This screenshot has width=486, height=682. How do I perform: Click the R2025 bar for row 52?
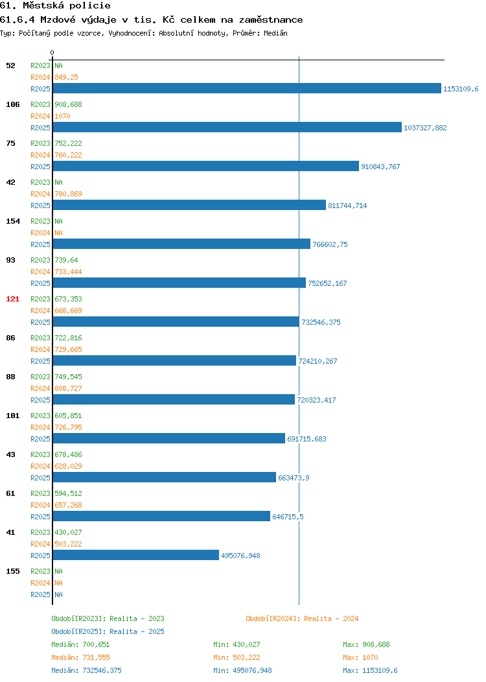(247, 88)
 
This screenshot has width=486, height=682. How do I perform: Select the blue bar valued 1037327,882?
(227, 127)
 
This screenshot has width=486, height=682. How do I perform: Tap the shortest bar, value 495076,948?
(136, 555)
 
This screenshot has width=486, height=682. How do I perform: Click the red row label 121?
(12, 299)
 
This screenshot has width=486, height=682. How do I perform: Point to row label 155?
(12, 571)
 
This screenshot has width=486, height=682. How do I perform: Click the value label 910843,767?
(380, 167)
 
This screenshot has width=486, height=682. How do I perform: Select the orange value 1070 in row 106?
(62, 116)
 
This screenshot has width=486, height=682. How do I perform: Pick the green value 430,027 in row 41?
(68, 532)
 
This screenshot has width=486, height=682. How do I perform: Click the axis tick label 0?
(52, 53)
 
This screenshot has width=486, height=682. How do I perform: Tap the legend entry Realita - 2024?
(302, 618)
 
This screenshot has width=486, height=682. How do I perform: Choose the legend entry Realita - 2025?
(108, 631)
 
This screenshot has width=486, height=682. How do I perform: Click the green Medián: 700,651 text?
(80, 644)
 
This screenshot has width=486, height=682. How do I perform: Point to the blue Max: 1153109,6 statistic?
(370, 670)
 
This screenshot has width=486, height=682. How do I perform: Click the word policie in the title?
(90, 6)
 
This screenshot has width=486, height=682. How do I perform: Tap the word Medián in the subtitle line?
(275, 33)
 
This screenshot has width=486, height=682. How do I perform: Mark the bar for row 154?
(181, 244)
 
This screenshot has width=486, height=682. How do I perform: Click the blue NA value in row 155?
(59, 594)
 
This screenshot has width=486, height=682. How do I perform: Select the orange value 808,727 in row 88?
(68, 388)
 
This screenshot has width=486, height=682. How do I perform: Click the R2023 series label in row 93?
(40, 260)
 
